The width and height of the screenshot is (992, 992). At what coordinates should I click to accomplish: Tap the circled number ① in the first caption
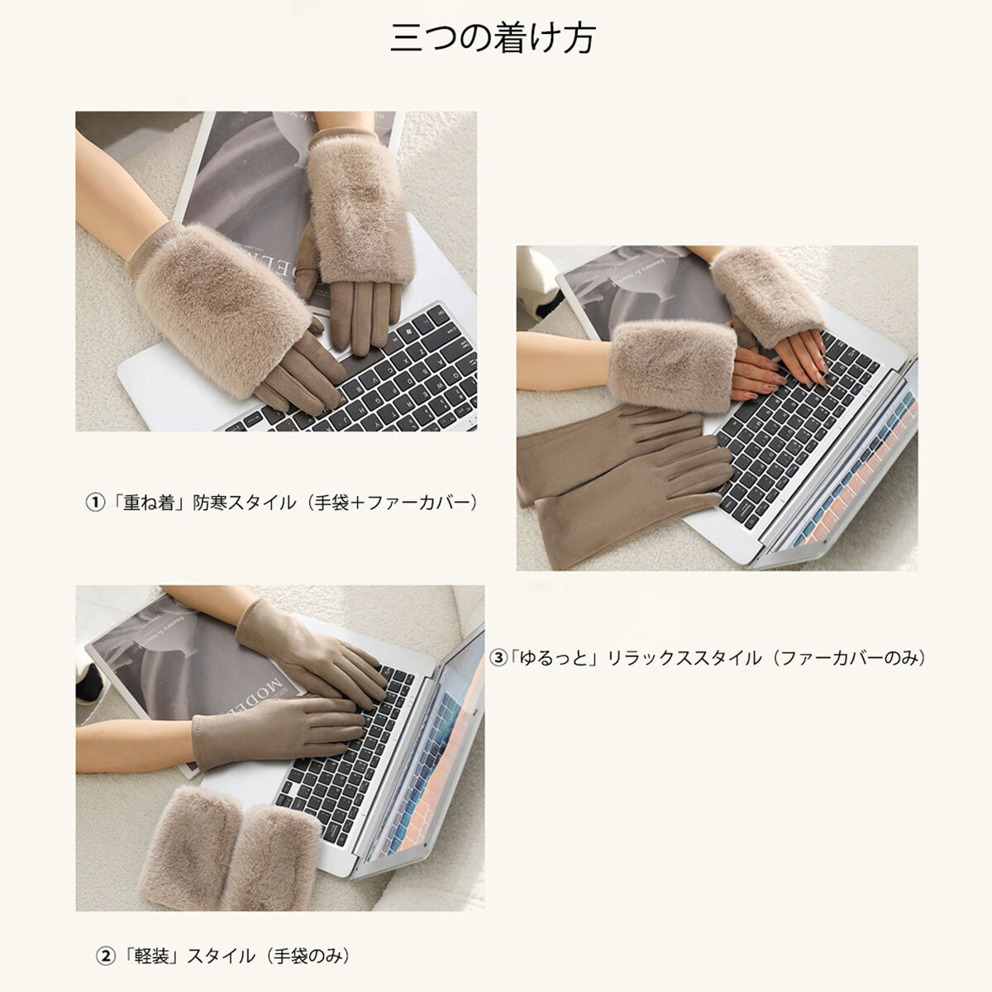coord(95,502)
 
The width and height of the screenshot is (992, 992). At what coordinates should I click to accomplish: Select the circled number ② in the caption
coord(106,956)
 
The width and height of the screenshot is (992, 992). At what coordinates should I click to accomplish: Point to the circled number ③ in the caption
coord(498,657)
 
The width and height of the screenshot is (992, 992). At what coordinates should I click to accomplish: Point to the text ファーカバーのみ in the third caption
coord(849,657)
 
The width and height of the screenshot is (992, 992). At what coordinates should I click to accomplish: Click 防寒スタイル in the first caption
coord(245,502)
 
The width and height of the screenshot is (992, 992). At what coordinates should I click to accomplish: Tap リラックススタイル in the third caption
coord(684,657)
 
